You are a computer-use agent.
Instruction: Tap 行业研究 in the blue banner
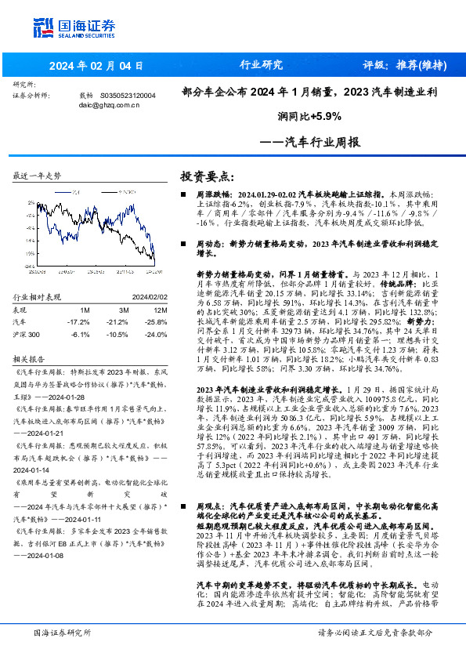pyautogui.click(x=260, y=65)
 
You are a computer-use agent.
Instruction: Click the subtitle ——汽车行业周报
pyautogui.click(x=309, y=143)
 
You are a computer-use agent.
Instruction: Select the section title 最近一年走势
pyautogui.click(x=37, y=176)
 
